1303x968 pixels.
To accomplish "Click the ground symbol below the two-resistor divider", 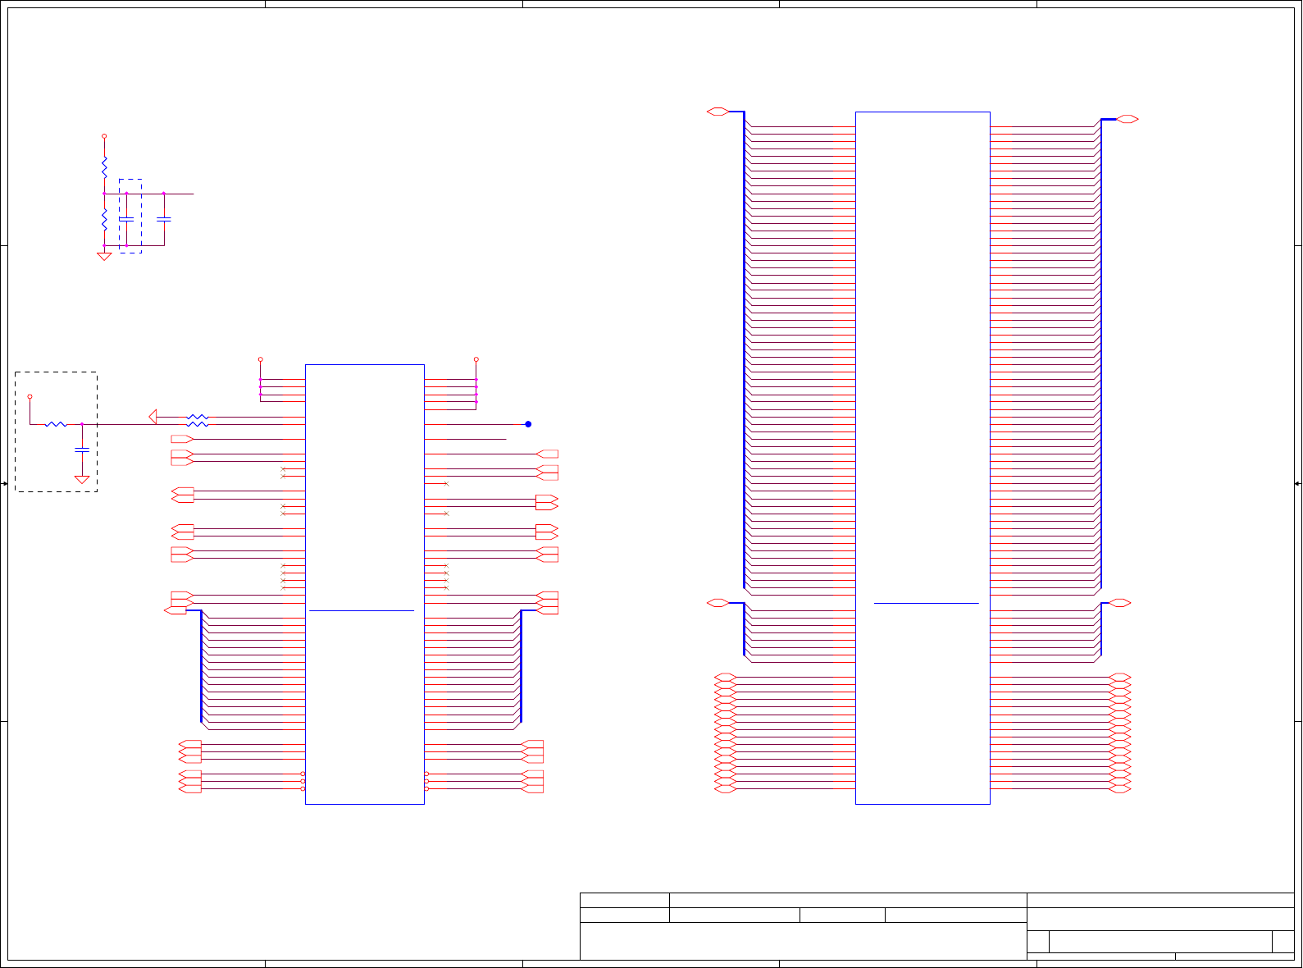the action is [104, 256].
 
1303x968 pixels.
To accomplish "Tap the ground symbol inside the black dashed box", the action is [82, 479].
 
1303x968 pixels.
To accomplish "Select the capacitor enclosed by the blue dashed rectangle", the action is [126, 219].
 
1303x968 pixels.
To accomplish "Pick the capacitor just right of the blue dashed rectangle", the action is [164, 219].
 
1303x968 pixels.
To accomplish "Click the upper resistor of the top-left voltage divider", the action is [104, 168].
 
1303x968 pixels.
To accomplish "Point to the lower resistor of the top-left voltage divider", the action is [104, 220].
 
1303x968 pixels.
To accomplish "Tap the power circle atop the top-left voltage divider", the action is [104, 136].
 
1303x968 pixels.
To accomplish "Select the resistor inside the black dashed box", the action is [56, 424].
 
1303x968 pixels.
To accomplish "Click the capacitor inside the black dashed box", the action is [82, 450].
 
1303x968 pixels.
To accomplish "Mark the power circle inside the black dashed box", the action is [30, 397].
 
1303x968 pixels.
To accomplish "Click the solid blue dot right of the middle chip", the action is [528, 424].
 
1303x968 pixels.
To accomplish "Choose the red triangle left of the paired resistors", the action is [153, 417].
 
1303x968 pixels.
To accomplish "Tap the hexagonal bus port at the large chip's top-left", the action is [718, 112].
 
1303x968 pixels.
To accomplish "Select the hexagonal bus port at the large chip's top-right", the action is [1128, 120].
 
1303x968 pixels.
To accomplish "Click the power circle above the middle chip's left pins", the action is [261, 359].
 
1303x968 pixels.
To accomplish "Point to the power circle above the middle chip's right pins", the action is [476, 359].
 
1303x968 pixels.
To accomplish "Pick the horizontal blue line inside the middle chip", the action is [362, 610].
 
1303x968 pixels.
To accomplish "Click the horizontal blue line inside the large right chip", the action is [927, 603].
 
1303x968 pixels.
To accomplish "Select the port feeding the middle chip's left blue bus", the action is [175, 610].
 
